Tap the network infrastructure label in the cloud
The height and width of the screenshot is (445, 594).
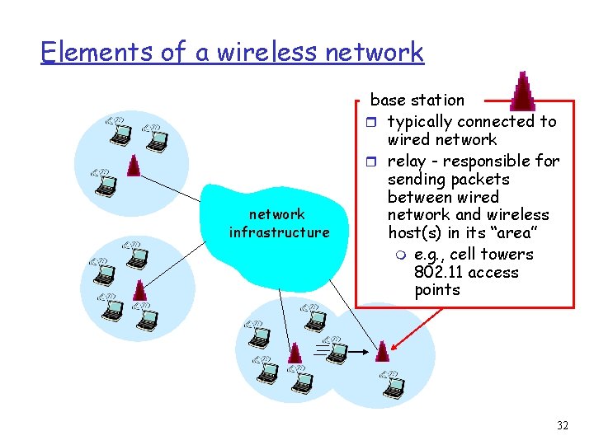click(279, 223)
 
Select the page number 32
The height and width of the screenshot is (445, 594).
click(563, 426)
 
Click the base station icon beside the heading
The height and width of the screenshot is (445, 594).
click(523, 91)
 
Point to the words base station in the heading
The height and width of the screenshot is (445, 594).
click(417, 101)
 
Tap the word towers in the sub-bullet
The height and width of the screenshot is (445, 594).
click(507, 255)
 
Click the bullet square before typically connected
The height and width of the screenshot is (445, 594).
click(374, 123)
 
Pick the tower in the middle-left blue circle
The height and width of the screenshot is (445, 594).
click(139, 289)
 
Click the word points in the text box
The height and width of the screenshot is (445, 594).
click(437, 290)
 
